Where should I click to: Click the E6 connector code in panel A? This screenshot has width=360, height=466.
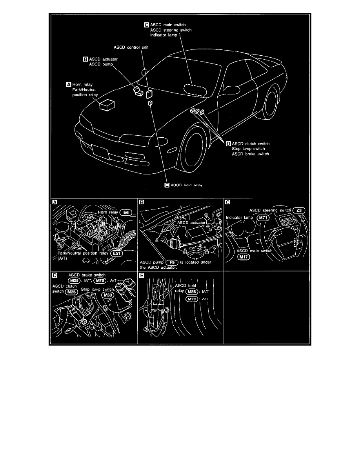coord(125,213)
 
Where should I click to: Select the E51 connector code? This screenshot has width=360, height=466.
coord(116,253)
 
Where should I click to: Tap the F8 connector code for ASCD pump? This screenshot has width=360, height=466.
coord(172,262)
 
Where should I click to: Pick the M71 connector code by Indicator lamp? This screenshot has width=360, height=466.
coord(263,218)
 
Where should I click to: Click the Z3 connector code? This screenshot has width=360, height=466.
coord(299,210)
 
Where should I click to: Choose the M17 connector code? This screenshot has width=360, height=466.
coord(244,257)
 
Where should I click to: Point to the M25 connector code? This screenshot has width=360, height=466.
coord(71,292)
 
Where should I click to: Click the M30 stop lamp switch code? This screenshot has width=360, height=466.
coord(107,295)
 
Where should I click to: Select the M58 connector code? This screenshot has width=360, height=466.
coord(192,292)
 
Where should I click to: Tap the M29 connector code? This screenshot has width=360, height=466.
coord(74,281)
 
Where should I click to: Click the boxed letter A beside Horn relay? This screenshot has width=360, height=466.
coord(69,84)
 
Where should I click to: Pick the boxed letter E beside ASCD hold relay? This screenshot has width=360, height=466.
coord(167,185)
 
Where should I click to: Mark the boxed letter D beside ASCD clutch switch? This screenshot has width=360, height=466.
coord(228,144)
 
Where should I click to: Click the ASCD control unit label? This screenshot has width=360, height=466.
coord(131,47)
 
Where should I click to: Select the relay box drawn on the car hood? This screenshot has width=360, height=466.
coord(107,105)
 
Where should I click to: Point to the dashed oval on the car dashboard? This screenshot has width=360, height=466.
coord(195,90)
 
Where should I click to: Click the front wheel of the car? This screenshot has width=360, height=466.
coord(192,152)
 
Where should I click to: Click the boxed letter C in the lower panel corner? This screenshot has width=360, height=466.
coord(228,202)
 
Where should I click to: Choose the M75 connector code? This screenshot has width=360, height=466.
coord(100,281)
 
